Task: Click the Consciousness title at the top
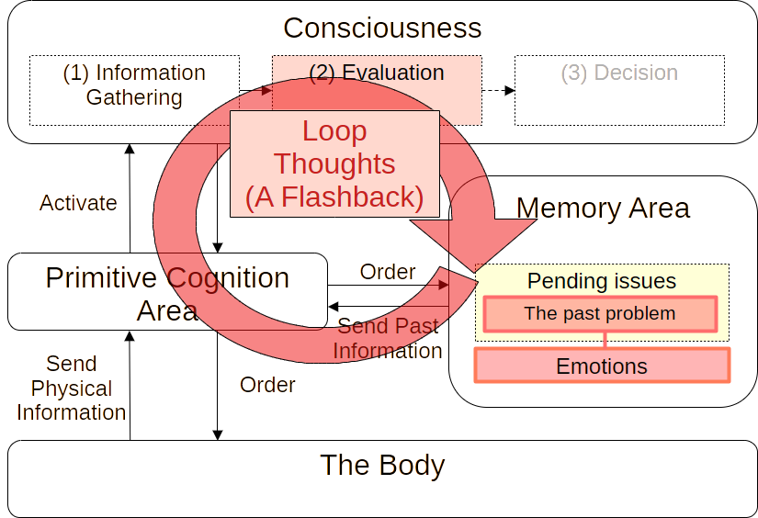[x=380, y=28]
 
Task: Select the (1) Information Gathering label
[x=133, y=84]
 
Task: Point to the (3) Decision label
[x=618, y=73]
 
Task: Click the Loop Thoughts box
[x=334, y=163]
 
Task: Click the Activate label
[x=77, y=203]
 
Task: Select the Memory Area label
[x=602, y=208]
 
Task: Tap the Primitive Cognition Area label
[x=166, y=294]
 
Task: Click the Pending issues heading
[x=601, y=281]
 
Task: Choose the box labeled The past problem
[x=599, y=314]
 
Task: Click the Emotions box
[x=602, y=366]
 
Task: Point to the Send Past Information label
[x=388, y=338]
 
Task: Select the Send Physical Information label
[x=70, y=388]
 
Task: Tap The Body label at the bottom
[x=381, y=465]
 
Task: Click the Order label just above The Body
[x=266, y=385]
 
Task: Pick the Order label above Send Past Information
[x=386, y=272]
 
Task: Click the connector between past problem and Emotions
[x=605, y=339]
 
